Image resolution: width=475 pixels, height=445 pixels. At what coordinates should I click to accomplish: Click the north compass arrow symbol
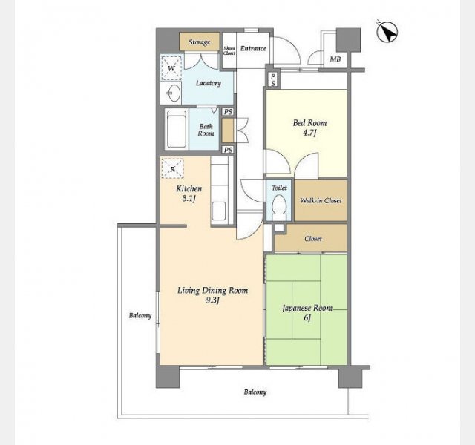click(x=387, y=32)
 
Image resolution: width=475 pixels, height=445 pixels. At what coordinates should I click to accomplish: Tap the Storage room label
click(x=199, y=42)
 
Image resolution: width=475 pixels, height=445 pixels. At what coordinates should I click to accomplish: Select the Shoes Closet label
click(x=229, y=50)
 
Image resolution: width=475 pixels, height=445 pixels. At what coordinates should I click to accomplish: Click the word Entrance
click(x=253, y=48)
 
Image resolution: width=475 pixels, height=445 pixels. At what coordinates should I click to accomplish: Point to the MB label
click(x=335, y=59)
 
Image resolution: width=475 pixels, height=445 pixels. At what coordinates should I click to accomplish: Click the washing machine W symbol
click(x=171, y=68)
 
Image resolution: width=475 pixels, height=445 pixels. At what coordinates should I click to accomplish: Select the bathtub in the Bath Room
click(x=177, y=129)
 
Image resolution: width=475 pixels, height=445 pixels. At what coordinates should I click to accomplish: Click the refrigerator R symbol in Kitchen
click(x=172, y=168)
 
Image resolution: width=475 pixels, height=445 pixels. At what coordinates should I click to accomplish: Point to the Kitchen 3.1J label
click(x=189, y=194)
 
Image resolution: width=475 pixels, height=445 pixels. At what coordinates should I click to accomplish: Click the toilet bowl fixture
click(x=279, y=207)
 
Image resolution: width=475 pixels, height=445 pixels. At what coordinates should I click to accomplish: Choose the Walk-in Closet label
click(x=321, y=200)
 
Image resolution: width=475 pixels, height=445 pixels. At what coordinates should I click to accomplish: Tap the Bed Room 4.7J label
click(x=310, y=128)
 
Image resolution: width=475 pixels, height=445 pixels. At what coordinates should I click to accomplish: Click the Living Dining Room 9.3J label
click(x=213, y=295)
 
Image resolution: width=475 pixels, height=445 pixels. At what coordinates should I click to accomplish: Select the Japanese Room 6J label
click(x=307, y=313)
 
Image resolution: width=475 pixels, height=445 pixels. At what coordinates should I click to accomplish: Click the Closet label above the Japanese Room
click(x=313, y=239)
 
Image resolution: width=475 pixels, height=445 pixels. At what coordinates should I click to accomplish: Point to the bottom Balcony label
click(x=255, y=392)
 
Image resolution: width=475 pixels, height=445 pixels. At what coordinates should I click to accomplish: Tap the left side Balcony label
click(x=140, y=315)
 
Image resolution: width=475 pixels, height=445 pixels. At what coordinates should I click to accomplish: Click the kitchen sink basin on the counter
click(x=219, y=211)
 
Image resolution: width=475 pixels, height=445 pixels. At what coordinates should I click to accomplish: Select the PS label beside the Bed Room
click(x=273, y=80)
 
